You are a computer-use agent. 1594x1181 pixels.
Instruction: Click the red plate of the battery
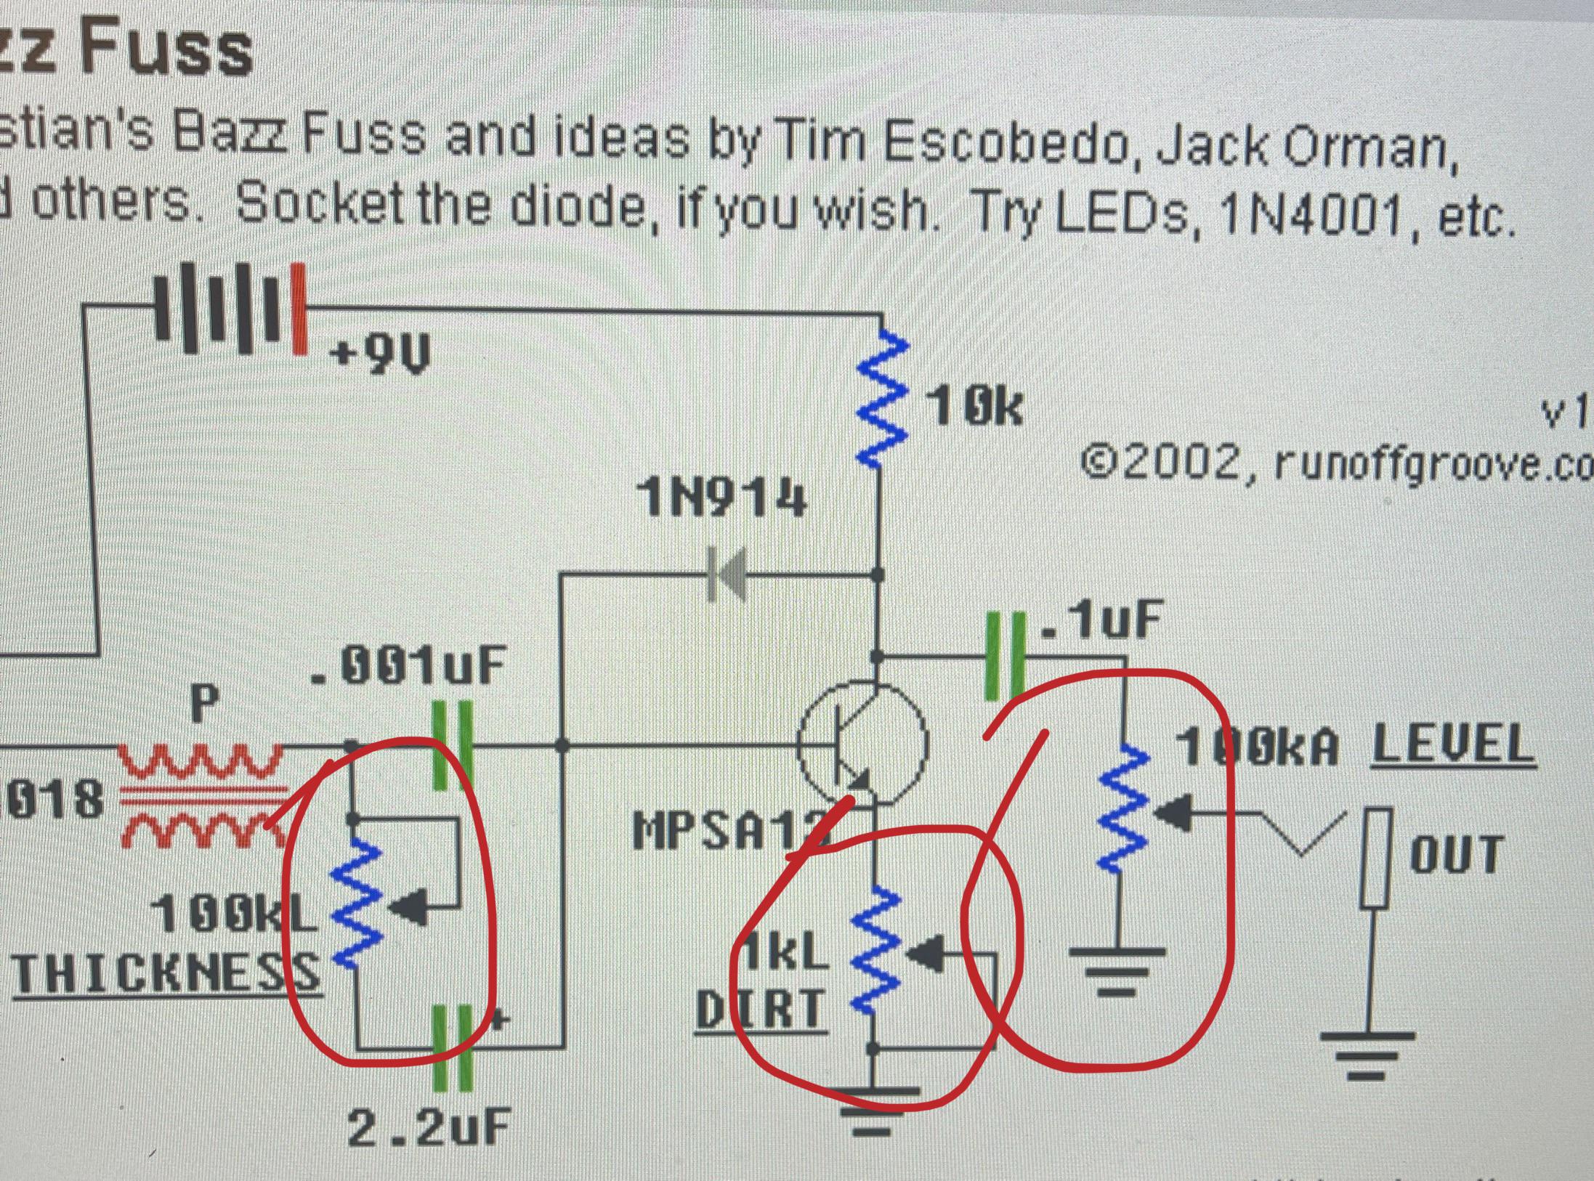tap(299, 309)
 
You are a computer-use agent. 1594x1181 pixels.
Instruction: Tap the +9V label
tap(380, 355)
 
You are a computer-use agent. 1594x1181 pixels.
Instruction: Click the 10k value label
tap(974, 408)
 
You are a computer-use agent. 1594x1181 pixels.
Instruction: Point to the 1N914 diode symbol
tap(727, 575)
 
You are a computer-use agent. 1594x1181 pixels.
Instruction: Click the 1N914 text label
tap(721, 500)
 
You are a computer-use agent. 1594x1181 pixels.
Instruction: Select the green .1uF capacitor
tap(1005, 657)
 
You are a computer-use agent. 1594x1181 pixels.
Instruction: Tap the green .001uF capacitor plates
tap(452, 745)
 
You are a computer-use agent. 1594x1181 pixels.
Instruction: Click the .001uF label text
tap(407, 666)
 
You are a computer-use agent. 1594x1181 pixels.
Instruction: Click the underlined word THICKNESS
tap(166, 974)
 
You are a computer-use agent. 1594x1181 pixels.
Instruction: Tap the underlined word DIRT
tap(761, 1010)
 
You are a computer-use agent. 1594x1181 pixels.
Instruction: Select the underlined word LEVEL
tap(1453, 745)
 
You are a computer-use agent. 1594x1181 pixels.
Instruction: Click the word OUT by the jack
tap(1456, 854)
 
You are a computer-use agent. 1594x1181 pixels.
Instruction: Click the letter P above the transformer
tap(204, 703)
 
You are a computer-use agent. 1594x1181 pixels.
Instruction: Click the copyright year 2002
tap(1181, 463)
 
